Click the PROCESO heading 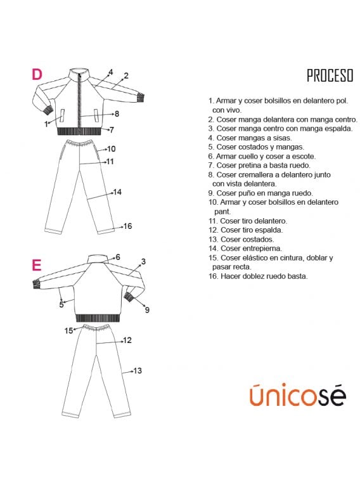(x=330, y=75)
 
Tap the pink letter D (x=37, y=74)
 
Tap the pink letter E (x=37, y=265)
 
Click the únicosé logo (x=298, y=394)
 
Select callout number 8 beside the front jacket (x=117, y=114)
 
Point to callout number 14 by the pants (x=118, y=192)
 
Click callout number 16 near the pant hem (x=127, y=226)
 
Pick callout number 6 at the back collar (x=118, y=257)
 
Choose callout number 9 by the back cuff (x=147, y=310)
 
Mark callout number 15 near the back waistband (x=68, y=330)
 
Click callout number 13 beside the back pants (x=138, y=371)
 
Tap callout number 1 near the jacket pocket (x=46, y=124)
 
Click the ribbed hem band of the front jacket (x=79, y=131)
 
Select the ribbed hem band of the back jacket (x=98, y=318)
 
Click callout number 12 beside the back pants (x=127, y=340)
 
